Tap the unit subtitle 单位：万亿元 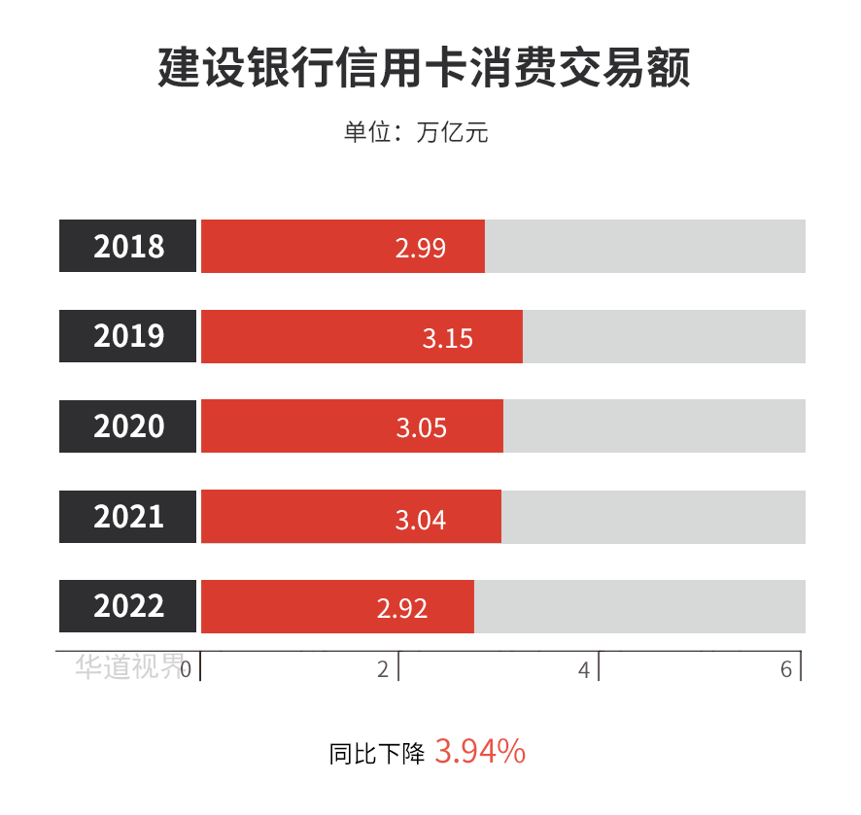tap(416, 132)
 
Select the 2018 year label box tap(128, 246)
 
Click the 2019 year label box tap(128, 336)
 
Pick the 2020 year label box tap(128, 426)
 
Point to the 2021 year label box tap(128, 516)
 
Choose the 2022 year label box tap(128, 606)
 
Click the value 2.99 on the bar tap(420, 248)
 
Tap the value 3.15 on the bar tap(447, 338)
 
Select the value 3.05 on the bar tap(421, 427)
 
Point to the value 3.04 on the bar tap(420, 520)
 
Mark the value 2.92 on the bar tap(401, 609)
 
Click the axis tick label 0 tap(186, 668)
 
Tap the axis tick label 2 tap(383, 668)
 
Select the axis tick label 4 tap(584, 668)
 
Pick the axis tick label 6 tap(786, 668)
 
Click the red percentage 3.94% tap(480, 751)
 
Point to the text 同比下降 tap(377, 754)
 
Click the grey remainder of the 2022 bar tap(639, 606)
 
